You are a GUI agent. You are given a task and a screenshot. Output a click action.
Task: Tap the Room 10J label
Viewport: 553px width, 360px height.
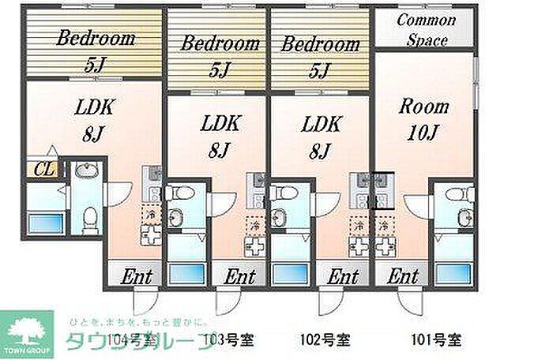pyautogui.click(x=423, y=118)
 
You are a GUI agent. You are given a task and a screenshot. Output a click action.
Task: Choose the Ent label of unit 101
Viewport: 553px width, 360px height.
pyautogui.click(x=403, y=276)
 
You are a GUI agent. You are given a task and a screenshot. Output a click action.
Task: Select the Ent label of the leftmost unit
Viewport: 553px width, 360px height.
pyautogui.click(x=137, y=276)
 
